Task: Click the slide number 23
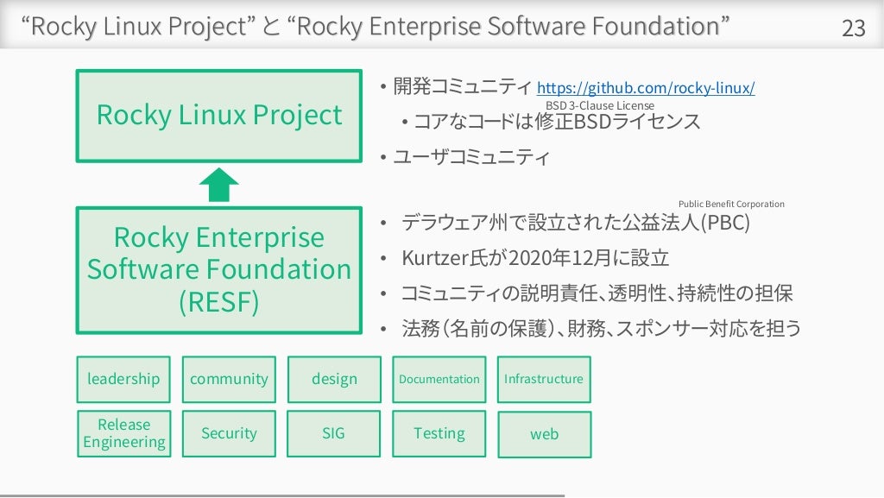853,28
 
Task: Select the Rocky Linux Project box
218,116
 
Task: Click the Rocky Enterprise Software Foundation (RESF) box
218,269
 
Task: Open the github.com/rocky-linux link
646,88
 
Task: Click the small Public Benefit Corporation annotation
731,204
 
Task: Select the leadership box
123,379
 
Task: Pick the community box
229,379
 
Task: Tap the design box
334,379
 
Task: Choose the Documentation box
439,379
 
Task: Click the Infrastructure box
544,379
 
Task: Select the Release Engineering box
123,433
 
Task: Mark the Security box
229,433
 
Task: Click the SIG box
334,433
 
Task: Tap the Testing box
439,433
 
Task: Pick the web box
544,434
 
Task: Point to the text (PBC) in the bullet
724,224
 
